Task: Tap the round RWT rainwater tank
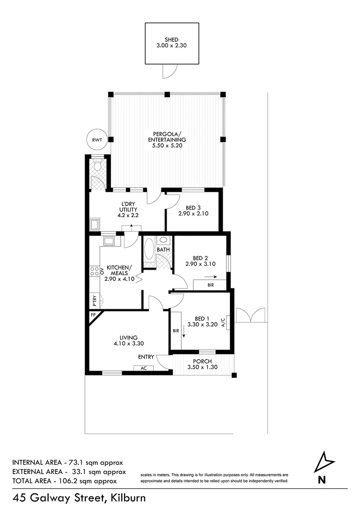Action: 96,139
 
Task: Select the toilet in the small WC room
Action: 98,165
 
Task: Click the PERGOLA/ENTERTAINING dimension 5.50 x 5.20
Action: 167,146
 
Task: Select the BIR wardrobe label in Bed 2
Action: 210,285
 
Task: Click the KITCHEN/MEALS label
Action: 120,268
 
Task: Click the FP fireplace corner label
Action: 92,315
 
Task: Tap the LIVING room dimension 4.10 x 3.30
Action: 128,344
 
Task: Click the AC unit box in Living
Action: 143,368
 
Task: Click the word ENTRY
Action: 146,357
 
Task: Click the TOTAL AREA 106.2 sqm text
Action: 65,481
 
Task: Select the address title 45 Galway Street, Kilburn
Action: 79,498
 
